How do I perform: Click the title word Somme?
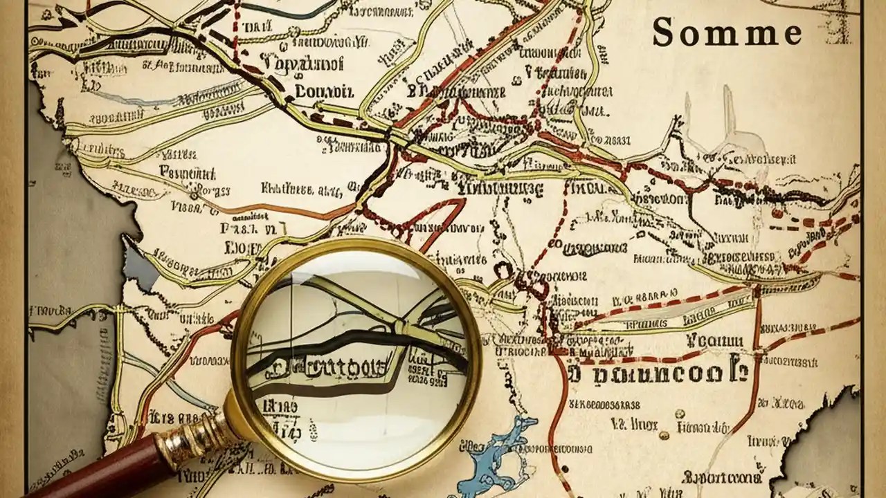coord(727,32)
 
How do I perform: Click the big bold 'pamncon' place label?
coord(658,373)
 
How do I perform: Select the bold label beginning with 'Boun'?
coord(324,90)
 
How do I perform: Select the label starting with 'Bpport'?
coord(720,477)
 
